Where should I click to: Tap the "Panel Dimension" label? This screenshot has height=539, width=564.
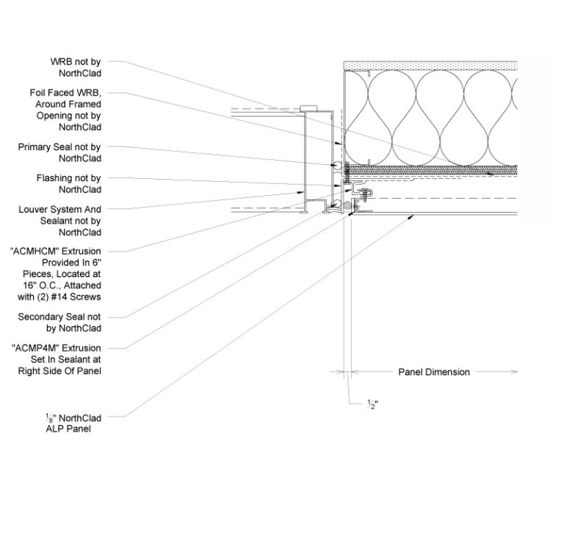tap(433, 372)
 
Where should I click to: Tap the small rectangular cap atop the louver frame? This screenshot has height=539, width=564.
tap(308, 108)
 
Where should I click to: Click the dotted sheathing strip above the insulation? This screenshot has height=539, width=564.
tap(430, 65)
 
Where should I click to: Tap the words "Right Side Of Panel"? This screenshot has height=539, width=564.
tap(59, 371)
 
